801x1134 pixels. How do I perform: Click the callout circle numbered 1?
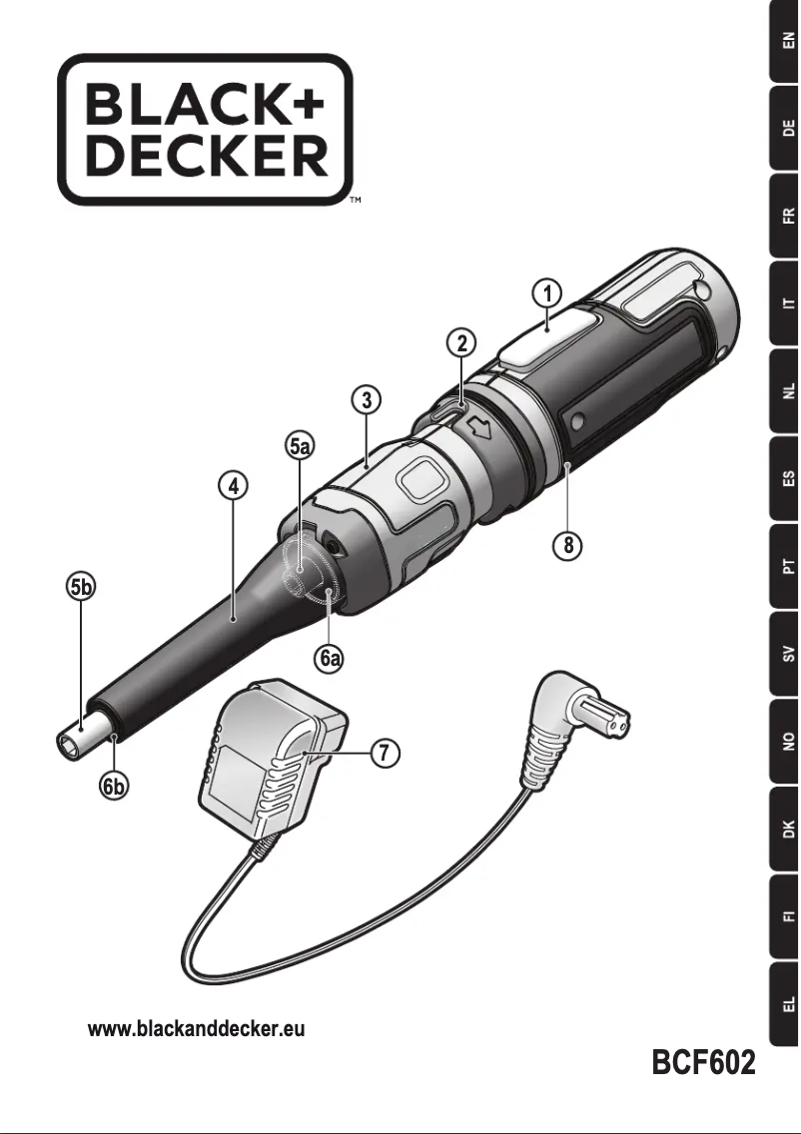(545, 292)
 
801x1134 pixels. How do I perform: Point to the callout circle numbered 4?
(232, 487)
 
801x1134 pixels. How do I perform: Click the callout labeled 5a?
(300, 446)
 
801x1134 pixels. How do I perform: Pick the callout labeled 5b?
(81, 588)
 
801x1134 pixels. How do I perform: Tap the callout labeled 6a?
(331, 659)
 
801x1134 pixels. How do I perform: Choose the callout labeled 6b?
(116, 787)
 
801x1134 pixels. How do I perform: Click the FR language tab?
(786, 216)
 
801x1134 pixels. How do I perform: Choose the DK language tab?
(786, 829)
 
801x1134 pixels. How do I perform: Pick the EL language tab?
(786, 1002)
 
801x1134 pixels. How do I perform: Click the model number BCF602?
(703, 1061)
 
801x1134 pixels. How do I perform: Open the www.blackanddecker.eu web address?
(197, 1029)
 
